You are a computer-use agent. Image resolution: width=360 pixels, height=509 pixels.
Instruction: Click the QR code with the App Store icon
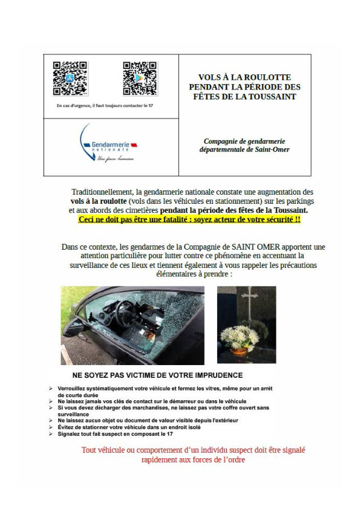(70, 78)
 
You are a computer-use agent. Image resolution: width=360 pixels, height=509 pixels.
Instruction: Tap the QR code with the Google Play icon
(140, 78)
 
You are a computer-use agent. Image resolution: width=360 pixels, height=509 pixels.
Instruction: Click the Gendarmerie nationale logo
(108, 143)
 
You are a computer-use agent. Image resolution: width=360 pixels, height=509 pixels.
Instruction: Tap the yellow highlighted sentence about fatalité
(189, 219)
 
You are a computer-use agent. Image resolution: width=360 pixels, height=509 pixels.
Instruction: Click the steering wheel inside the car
(126, 314)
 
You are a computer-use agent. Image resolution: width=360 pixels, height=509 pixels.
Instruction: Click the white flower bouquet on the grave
(240, 337)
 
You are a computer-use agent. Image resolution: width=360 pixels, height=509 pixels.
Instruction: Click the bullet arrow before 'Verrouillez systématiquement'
(51, 388)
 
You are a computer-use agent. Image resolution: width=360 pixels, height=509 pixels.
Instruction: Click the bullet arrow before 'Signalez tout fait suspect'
(51, 433)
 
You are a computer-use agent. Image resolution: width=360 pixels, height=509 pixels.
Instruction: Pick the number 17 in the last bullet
(169, 433)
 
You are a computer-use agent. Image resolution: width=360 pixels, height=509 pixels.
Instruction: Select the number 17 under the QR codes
(151, 106)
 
